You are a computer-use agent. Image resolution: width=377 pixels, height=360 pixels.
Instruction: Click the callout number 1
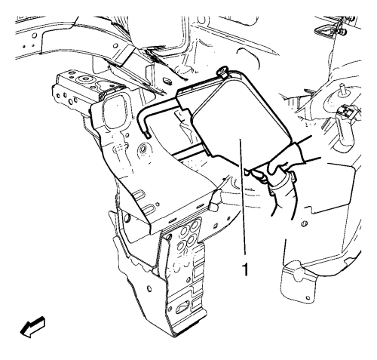244,269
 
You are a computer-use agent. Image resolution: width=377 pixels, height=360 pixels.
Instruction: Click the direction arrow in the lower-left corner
32,327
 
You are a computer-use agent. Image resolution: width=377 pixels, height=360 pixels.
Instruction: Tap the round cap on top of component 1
222,71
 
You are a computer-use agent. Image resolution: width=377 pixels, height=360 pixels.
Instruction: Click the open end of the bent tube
147,135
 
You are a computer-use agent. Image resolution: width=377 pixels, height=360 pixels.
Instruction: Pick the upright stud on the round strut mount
342,89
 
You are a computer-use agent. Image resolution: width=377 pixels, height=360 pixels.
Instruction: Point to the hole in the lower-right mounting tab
308,297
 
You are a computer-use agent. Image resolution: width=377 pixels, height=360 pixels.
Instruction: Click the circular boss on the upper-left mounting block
84,80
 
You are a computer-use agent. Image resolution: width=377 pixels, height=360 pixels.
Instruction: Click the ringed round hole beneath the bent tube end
143,149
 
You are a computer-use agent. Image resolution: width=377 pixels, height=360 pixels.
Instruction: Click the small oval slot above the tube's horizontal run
166,81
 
